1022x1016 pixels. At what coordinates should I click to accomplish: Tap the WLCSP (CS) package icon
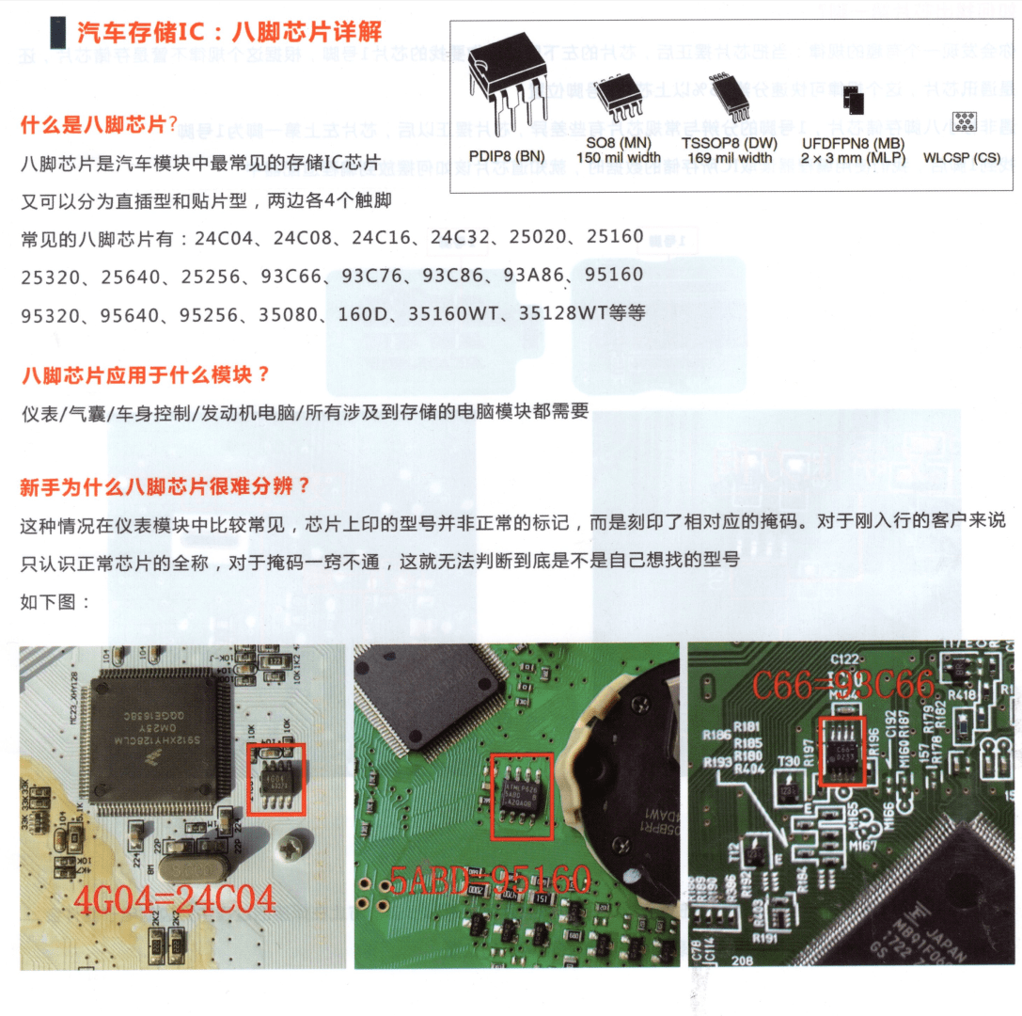pos(962,123)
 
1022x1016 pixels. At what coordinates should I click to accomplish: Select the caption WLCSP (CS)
pos(962,159)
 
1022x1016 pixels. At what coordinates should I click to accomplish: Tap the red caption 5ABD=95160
pos(490,881)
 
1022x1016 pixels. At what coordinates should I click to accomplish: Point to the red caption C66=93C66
pos(842,685)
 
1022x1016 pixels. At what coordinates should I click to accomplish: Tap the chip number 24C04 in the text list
pos(223,237)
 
